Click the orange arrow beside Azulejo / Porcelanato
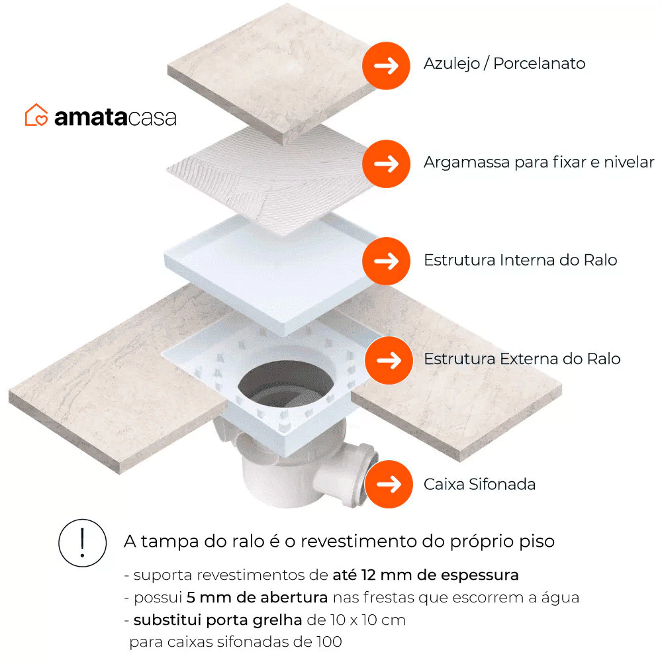[x=386, y=66]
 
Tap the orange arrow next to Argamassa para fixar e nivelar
[x=386, y=164]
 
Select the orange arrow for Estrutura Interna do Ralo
[x=386, y=261]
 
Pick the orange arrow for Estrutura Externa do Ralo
[x=389, y=360]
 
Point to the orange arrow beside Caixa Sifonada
[x=389, y=485]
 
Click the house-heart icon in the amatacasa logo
[x=36, y=115]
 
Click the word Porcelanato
[x=539, y=64]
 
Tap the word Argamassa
[x=467, y=163]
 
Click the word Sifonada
[x=502, y=485]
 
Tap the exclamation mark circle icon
[x=82, y=543]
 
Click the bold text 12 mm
[x=387, y=575]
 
